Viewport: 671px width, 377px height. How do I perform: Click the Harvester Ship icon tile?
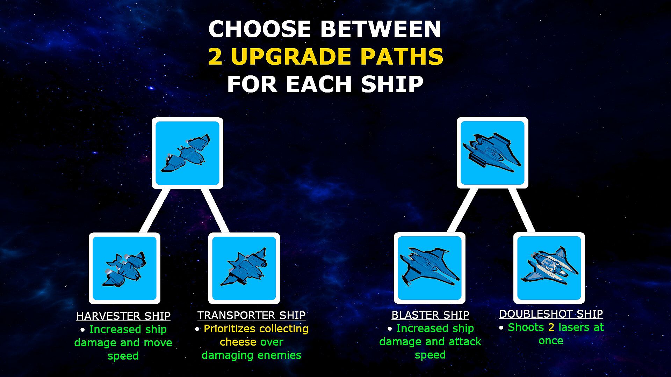click(124, 268)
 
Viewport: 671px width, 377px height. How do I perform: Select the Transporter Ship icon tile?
click(244, 268)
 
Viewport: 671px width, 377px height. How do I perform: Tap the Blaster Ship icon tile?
click(430, 268)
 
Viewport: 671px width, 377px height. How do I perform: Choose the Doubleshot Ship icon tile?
click(549, 268)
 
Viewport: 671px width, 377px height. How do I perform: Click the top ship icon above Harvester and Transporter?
click(187, 153)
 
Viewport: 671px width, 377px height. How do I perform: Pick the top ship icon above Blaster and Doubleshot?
click(492, 153)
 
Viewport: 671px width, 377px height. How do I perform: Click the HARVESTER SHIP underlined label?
click(123, 316)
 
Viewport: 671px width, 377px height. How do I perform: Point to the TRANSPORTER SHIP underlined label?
click(251, 315)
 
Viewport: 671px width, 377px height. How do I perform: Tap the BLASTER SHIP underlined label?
click(430, 315)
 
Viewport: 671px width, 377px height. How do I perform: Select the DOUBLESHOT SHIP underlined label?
click(551, 314)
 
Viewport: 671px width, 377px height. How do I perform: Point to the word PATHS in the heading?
click(402, 57)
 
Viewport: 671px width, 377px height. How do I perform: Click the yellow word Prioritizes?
click(229, 329)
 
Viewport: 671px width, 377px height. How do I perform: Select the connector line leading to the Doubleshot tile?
click(521, 210)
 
